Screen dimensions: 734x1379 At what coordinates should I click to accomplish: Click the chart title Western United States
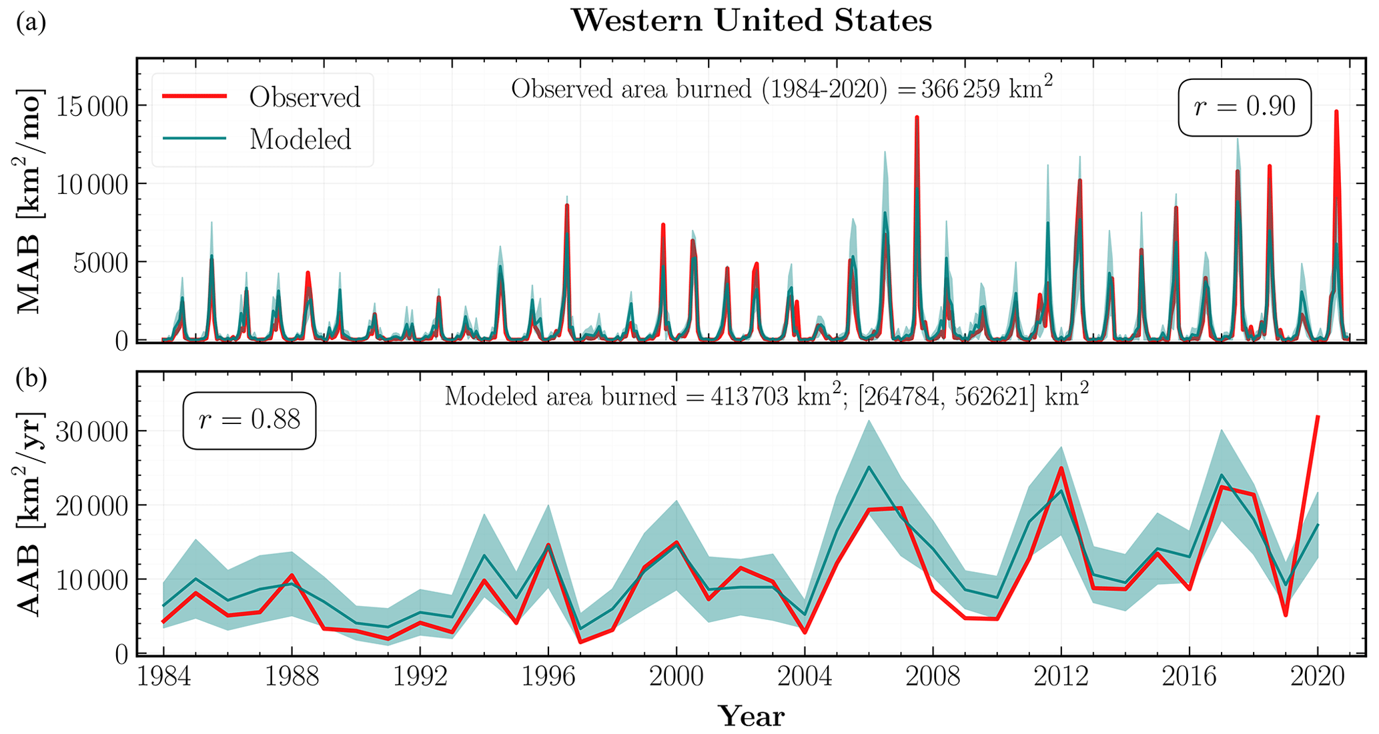[x=751, y=21]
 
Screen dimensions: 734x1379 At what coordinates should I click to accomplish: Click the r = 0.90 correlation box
[x=1245, y=107]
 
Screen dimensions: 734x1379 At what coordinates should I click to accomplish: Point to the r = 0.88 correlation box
[x=250, y=421]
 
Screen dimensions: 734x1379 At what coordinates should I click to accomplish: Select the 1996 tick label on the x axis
[x=548, y=677]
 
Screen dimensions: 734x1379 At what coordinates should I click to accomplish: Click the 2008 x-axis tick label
[x=933, y=677]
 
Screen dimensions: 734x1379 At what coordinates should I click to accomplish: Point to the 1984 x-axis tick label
[x=163, y=677]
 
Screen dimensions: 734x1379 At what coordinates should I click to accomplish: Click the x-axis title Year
[x=751, y=717]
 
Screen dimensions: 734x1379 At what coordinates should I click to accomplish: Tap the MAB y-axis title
[x=29, y=200]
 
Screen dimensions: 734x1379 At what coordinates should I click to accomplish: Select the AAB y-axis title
[x=29, y=513]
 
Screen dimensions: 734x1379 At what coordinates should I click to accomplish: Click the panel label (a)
[x=31, y=23]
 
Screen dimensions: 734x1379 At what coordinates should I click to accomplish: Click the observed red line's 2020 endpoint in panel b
[x=1318, y=417]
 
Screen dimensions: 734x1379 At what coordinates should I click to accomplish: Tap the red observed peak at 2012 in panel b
[x=1061, y=468]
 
